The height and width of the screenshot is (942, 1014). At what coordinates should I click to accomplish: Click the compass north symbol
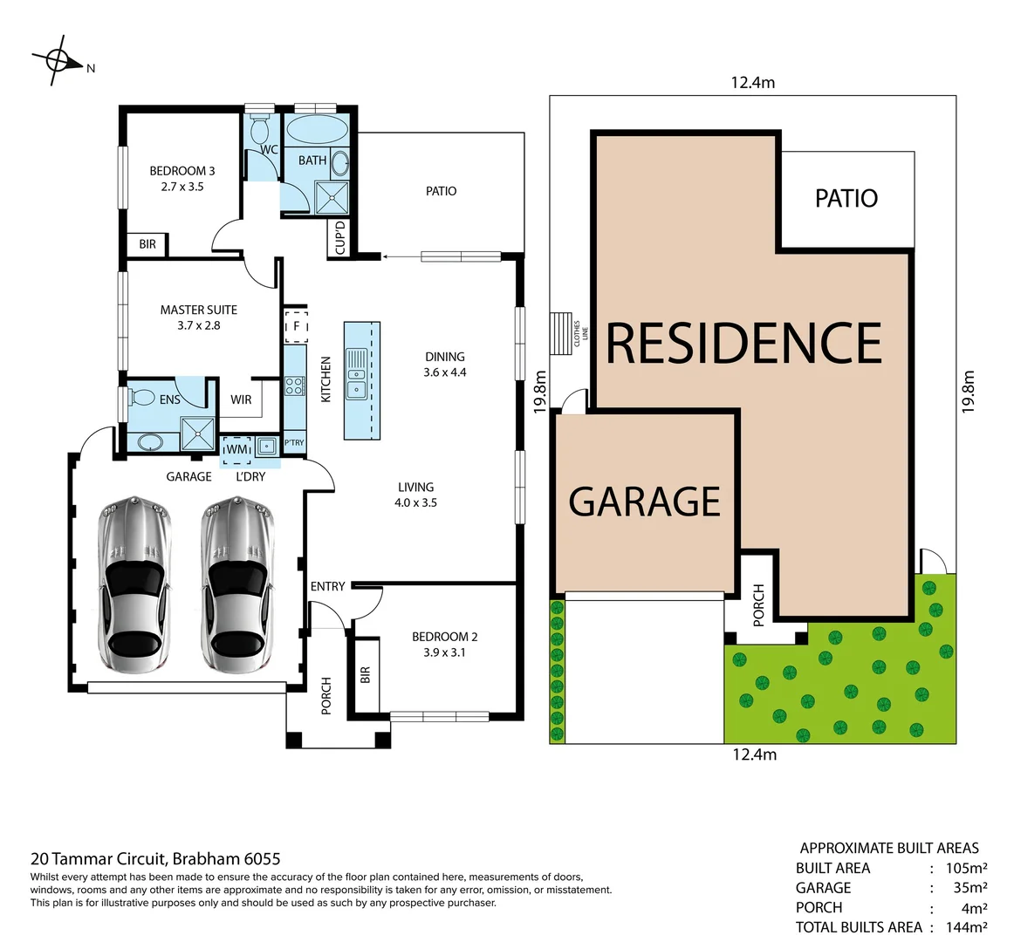[58, 60]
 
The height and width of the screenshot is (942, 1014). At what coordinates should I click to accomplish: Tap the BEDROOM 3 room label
[182, 171]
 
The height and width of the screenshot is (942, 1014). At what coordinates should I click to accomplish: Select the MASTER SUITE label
[198, 310]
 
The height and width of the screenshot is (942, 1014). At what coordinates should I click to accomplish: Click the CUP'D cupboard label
[340, 238]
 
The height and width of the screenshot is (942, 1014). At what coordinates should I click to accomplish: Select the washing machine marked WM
[236, 449]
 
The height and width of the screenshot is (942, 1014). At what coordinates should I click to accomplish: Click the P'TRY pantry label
[294, 443]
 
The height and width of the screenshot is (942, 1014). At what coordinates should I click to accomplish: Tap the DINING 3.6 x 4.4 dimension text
[445, 372]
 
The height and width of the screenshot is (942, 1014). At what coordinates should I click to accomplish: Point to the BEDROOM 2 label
[444, 637]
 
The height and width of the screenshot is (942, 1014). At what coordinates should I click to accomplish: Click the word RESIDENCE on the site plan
[743, 343]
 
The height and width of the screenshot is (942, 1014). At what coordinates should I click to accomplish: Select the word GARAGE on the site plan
[644, 502]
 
